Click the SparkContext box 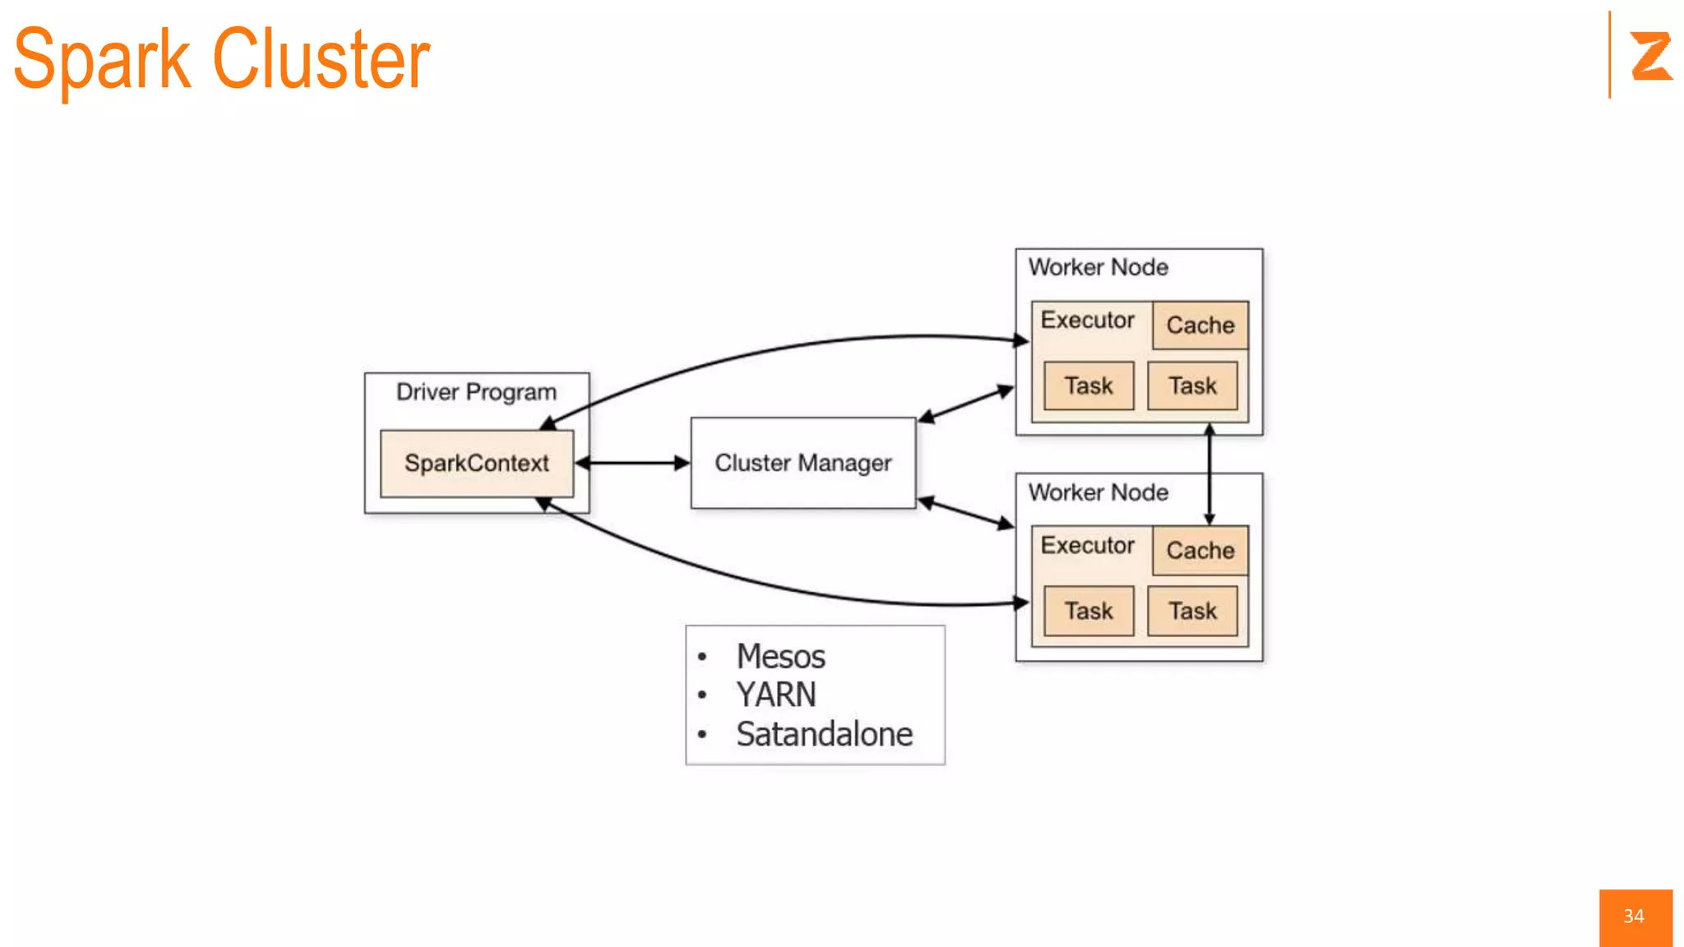pyautogui.click(x=476, y=464)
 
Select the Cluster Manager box pyautogui.click(x=803, y=463)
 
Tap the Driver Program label pyautogui.click(x=476, y=392)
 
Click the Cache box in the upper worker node pyautogui.click(x=1200, y=326)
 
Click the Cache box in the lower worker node pyautogui.click(x=1200, y=551)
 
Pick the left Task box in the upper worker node pyautogui.click(x=1088, y=386)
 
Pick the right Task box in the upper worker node pyautogui.click(x=1192, y=386)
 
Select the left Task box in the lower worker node pyautogui.click(x=1088, y=611)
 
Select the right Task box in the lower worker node pyautogui.click(x=1192, y=611)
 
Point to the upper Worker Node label pyautogui.click(x=1098, y=267)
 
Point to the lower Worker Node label pyautogui.click(x=1098, y=492)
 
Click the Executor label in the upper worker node pyautogui.click(x=1087, y=320)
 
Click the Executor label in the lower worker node pyautogui.click(x=1087, y=545)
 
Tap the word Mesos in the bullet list pyautogui.click(x=780, y=657)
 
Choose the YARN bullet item pyautogui.click(x=775, y=695)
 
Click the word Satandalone pyautogui.click(x=824, y=734)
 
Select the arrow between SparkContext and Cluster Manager pyautogui.click(x=632, y=464)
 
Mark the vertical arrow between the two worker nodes pyautogui.click(x=1210, y=474)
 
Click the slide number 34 pyautogui.click(x=1634, y=917)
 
